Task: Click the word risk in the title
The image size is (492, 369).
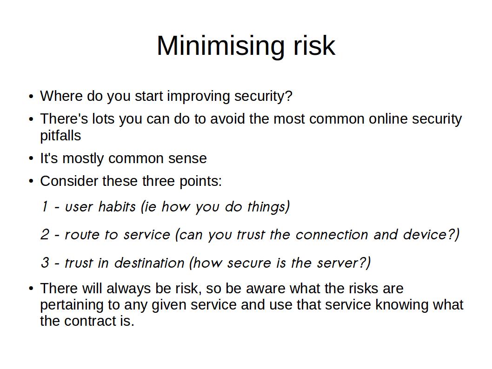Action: pos(314,46)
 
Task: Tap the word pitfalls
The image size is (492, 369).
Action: pos(60,135)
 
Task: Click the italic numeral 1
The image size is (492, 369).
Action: pos(45,207)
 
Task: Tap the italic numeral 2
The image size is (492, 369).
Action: pos(45,235)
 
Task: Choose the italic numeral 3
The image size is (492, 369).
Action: pos(45,263)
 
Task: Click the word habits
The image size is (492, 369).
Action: pos(117,207)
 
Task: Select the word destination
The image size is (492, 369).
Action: pos(149,263)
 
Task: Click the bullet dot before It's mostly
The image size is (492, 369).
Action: pos(31,158)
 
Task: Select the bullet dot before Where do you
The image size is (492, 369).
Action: pos(31,96)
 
